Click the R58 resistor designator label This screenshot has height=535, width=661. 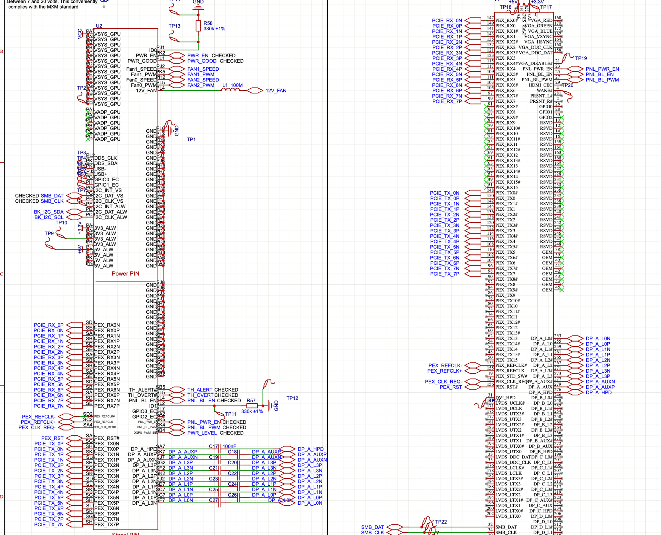point(208,23)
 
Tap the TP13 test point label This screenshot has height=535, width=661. point(174,26)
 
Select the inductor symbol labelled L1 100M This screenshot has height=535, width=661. point(230,90)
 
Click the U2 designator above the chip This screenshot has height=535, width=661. point(99,26)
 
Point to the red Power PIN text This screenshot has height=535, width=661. point(125,274)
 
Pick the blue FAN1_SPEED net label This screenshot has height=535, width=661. point(203,69)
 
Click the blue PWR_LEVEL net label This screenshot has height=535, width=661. point(202,433)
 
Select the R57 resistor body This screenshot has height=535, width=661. point(252,406)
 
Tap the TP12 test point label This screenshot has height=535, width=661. point(292,398)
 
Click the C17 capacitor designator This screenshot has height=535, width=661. point(213,446)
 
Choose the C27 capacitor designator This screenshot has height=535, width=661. point(213,500)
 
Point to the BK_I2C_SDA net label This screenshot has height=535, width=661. point(49,212)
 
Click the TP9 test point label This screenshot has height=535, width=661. point(49,233)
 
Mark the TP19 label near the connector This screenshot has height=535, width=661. point(581,58)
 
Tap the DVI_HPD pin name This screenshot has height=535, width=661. point(505,397)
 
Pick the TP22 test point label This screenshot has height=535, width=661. point(441,522)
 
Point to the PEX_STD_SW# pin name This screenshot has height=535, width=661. point(511,376)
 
